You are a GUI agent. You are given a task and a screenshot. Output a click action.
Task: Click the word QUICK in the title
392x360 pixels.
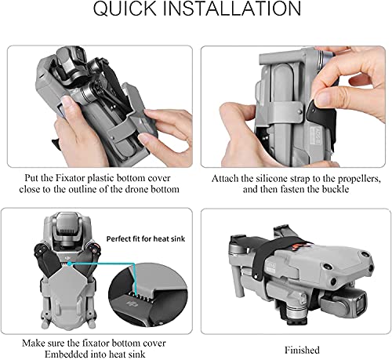click(125, 9)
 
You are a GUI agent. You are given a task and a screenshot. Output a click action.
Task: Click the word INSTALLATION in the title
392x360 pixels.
click(234, 9)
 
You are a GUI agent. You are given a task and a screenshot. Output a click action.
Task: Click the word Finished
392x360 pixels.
click(302, 350)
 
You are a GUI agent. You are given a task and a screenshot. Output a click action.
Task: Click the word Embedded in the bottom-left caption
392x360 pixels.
click(65, 355)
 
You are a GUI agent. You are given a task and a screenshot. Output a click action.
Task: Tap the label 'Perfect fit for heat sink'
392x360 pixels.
click(146, 238)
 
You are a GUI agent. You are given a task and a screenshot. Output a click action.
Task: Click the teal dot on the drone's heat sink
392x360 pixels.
click(69, 264)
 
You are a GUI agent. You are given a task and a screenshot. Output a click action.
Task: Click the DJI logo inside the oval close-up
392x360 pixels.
click(132, 304)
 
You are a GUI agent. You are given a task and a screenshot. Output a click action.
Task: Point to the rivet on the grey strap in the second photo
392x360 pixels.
click(299, 112)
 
